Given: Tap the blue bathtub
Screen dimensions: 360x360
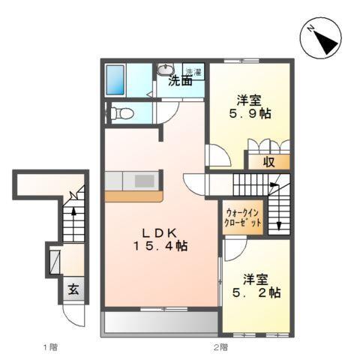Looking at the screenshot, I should (x=118, y=79).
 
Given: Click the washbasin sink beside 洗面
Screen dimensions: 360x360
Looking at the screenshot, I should (x=166, y=70).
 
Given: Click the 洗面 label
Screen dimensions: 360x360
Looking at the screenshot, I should (x=179, y=81).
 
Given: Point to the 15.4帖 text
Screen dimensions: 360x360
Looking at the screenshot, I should (x=160, y=245).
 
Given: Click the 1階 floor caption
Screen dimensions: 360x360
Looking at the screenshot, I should (x=49, y=346).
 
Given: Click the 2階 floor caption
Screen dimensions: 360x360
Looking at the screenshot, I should (x=218, y=346).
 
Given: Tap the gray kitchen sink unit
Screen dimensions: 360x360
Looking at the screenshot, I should (x=134, y=181).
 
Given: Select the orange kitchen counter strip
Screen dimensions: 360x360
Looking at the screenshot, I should (x=133, y=196).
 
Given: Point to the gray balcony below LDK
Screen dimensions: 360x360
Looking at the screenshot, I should (x=160, y=321).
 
